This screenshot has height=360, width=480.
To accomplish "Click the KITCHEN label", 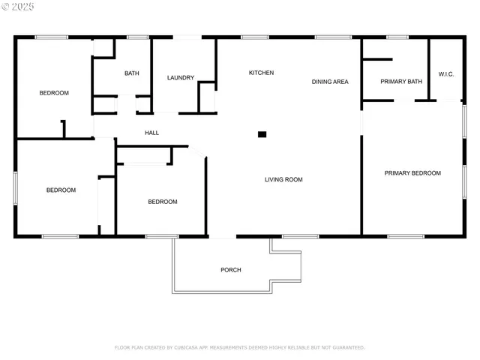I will (x=261, y=73).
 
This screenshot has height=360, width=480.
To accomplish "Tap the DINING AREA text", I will (x=330, y=81).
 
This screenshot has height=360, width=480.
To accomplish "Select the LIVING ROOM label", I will (x=283, y=179).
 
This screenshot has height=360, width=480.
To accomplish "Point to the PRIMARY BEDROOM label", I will (x=412, y=173).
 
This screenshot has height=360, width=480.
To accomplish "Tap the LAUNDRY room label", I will (x=181, y=77).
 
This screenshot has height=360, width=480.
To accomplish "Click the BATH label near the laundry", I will (x=131, y=73).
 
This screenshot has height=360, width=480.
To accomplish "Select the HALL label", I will (x=151, y=133).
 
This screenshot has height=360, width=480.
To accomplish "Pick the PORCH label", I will (x=231, y=270).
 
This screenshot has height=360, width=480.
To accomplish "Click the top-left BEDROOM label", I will (x=54, y=93).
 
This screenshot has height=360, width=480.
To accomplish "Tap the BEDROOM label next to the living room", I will (x=162, y=202).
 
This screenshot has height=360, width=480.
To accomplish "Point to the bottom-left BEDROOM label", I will (x=61, y=190).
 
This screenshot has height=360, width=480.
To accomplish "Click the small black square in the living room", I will (x=262, y=134).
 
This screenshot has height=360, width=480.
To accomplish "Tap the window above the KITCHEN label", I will (x=255, y=37).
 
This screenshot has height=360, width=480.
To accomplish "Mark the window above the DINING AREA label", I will (x=332, y=37).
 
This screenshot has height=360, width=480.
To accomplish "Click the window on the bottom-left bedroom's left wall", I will (x=15, y=187).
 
